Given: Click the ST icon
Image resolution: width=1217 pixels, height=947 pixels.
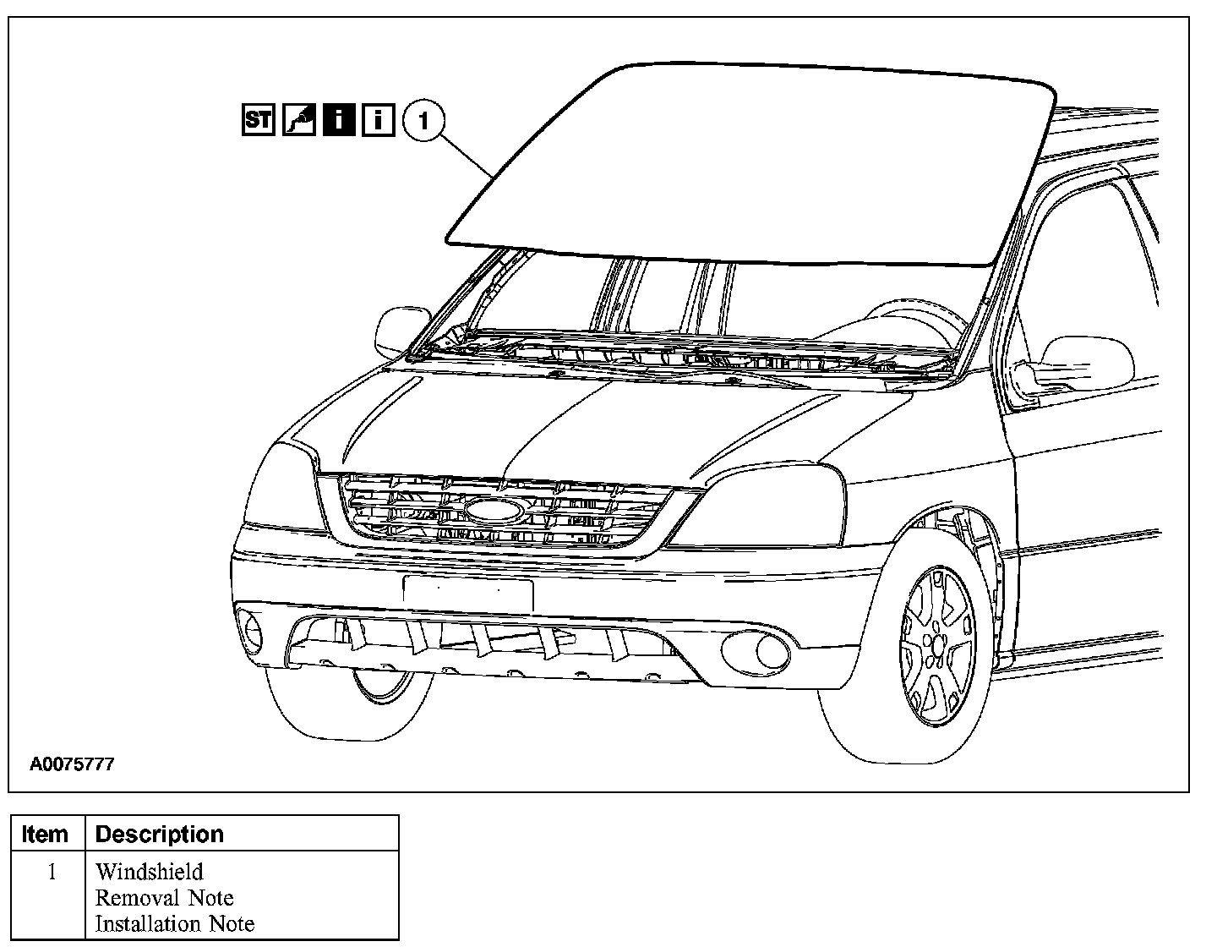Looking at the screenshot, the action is point(259,120).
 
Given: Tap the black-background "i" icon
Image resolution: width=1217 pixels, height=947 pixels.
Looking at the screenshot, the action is point(339,120).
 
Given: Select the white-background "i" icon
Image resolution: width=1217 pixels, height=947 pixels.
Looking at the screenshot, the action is point(378,120).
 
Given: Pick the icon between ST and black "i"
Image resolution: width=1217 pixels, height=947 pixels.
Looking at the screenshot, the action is point(299,120).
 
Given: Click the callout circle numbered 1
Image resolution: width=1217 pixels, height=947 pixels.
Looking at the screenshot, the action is point(424,121).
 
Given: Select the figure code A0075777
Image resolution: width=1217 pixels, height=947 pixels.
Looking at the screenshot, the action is point(72,764).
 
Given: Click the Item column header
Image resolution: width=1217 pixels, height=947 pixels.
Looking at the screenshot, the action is point(46,834).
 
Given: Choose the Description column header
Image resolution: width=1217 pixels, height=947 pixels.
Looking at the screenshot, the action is point(160,834).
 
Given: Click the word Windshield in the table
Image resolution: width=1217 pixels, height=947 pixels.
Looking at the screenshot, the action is point(150,872).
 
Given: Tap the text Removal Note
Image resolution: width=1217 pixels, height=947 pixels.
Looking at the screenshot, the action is point(165,898).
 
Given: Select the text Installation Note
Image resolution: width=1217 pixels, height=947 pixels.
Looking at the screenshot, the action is point(175,924).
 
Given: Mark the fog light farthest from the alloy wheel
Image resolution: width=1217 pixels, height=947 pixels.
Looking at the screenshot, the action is point(251,627).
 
